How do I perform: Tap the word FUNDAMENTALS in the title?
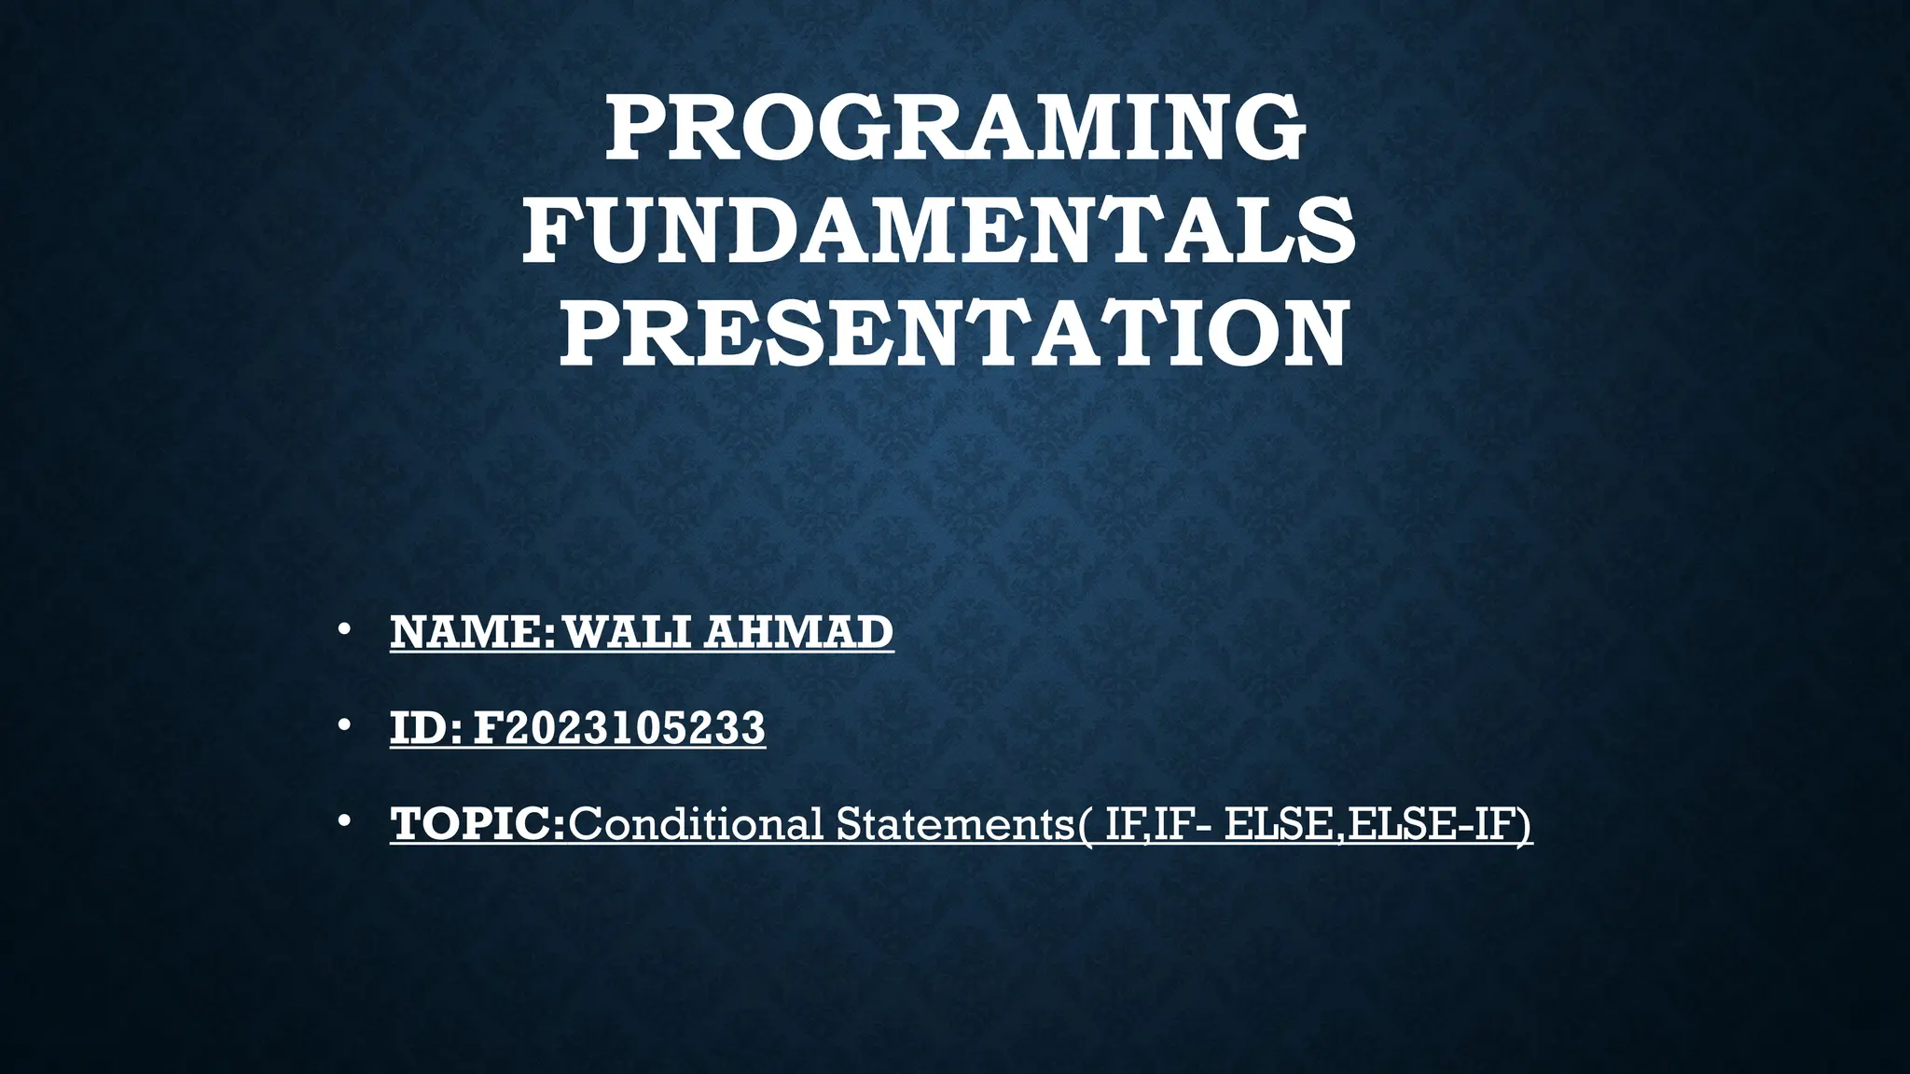(x=939, y=230)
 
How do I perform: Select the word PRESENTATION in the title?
(x=953, y=332)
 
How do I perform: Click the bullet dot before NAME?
(x=344, y=630)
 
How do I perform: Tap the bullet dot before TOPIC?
(x=344, y=821)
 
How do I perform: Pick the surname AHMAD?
(x=798, y=632)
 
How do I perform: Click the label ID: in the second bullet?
(x=425, y=728)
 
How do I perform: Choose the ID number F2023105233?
(x=619, y=728)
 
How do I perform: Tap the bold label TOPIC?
(x=477, y=824)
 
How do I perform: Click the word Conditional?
(x=696, y=824)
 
